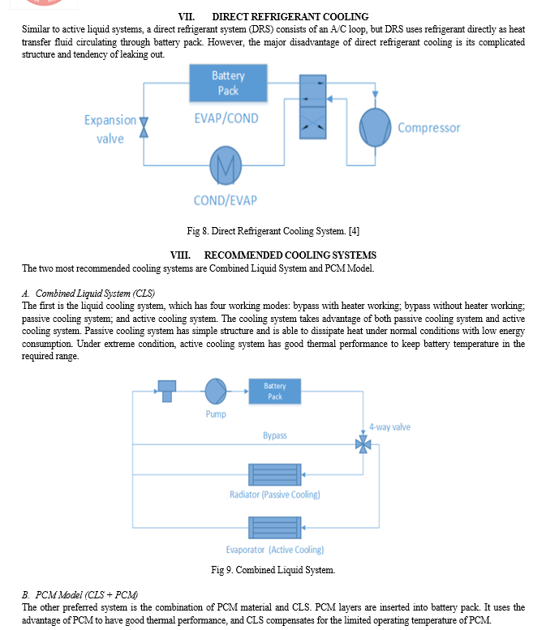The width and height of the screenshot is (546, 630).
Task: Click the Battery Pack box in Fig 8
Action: coord(228,83)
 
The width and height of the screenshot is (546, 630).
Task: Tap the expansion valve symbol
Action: coord(144,127)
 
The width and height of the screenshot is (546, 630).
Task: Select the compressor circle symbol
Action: coord(375,127)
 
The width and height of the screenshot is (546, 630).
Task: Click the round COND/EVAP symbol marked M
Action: coord(226,165)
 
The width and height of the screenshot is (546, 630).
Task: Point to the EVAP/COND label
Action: coord(226,118)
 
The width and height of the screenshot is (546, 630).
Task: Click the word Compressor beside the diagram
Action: coord(429,128)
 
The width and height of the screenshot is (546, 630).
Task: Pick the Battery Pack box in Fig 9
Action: coord(274,391)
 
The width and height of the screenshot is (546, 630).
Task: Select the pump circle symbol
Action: coord(216,391)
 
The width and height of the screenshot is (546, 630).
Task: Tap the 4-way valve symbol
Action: coord(363,444)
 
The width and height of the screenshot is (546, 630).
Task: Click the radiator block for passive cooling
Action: coord(274,474)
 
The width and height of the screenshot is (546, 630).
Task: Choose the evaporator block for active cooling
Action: coord(274,528)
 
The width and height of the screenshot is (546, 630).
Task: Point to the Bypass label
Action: coord(275,435)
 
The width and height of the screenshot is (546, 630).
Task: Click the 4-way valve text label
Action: coord(390,427)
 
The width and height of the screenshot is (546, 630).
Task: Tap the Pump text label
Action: coord(216,414)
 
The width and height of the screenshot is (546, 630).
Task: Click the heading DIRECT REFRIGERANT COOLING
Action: coord(290,17)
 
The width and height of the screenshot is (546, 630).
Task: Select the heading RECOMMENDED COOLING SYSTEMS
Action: coord(290,255)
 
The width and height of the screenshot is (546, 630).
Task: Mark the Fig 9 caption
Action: coord(273,570)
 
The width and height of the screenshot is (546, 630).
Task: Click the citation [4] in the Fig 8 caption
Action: coord(354,231)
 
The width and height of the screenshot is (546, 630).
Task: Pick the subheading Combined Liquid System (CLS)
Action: coord(95,294)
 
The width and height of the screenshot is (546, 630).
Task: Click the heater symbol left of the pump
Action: coord(167,392)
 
